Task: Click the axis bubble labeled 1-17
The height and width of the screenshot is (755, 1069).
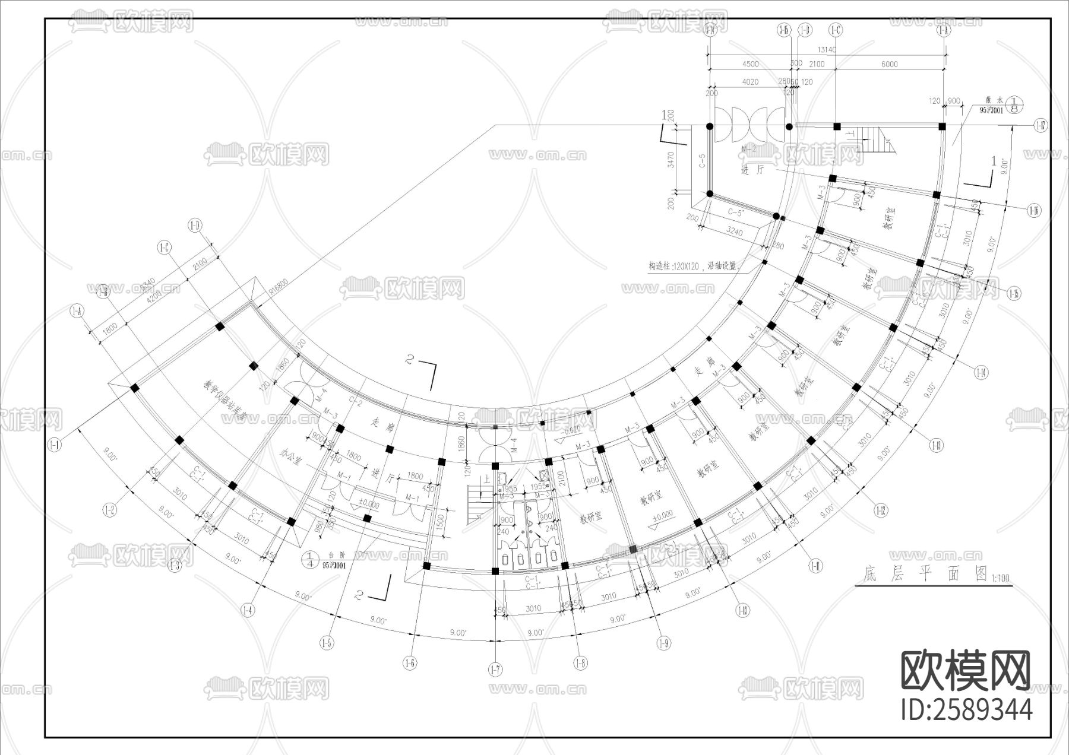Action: click(1040, 126)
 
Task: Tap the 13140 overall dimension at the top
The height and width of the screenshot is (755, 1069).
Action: click(826, 50)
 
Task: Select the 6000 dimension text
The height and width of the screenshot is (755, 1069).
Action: click(889, 64)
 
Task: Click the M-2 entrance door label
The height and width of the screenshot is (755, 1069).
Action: click(749, 149)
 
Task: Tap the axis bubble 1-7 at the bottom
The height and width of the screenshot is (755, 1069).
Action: click(495, 670)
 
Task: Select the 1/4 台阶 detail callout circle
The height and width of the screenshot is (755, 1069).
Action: click(309, 559)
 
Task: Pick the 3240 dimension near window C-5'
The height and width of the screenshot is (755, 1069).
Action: click(734, 232)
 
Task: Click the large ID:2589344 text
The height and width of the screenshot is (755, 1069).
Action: click(966, 709)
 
